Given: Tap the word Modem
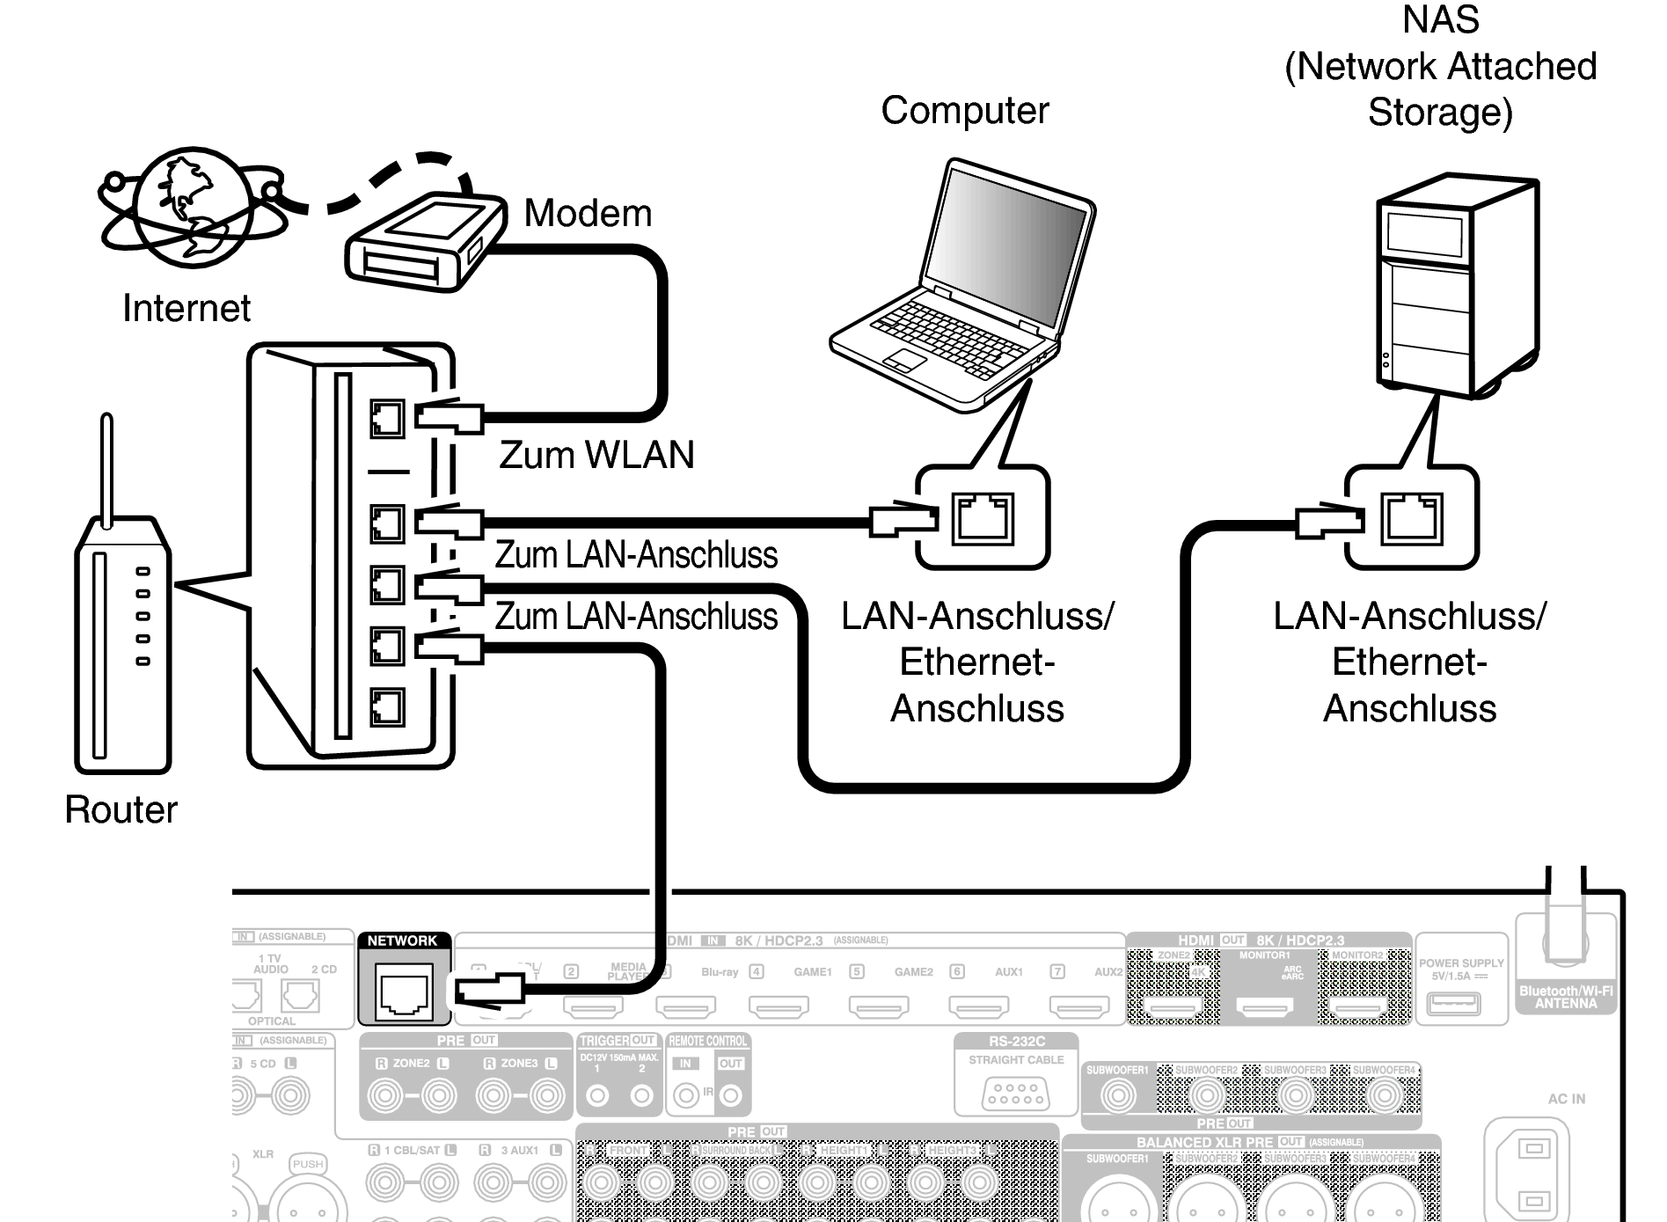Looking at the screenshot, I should click(x=588, y=214).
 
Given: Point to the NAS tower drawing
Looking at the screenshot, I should click(x=1456, y=286).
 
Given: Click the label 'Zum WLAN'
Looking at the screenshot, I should click(x=596, y=455).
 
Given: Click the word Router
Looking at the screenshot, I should click(x=121, y=809).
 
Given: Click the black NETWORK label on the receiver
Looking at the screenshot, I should click(x=402, y=940).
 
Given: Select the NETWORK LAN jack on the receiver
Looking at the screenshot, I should click(x=404, y=992).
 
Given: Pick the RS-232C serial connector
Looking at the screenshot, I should click(x=1015, y=1094).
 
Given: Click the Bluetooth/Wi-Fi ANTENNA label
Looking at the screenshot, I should click(x=1566, y=997).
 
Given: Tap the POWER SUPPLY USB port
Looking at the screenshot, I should click(x=1453, y=1002).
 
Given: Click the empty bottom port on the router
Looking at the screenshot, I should click(x=387, y=706).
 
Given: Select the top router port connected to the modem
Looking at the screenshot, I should click(x=387, y=419).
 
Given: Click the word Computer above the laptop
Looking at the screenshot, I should click(x=965, y=111).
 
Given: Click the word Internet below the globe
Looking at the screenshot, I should click(x=186, y=309).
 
